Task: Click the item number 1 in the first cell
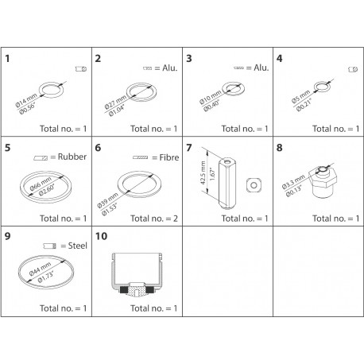pyautogui.click(x=8, y=60)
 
